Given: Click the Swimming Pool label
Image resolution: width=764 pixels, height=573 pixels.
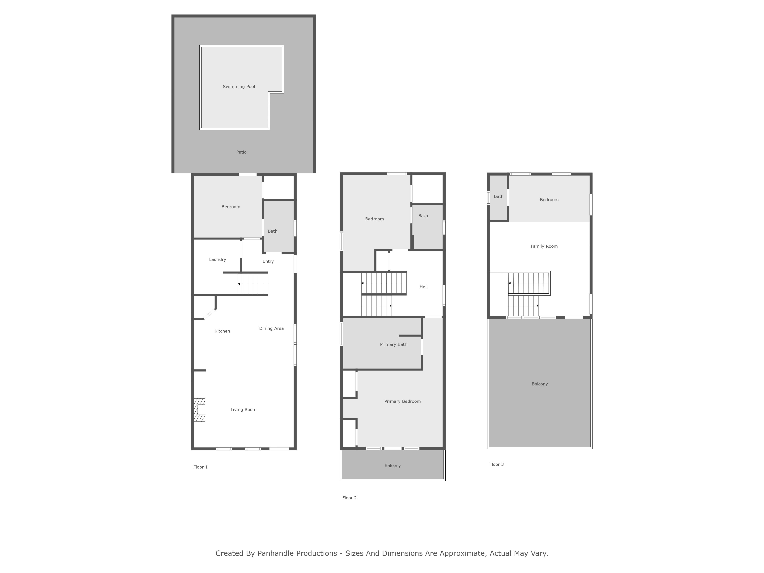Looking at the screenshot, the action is point(239,87).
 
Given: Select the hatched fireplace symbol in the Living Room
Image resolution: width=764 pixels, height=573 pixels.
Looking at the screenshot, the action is point(199,410).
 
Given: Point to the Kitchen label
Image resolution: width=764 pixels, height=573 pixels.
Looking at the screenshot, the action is point(222,331).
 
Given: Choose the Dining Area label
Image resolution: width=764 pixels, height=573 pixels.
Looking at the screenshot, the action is point(271,329).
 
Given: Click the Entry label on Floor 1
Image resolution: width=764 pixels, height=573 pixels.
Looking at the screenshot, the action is point(268,261).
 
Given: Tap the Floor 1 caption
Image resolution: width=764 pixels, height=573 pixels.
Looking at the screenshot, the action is point(200,467).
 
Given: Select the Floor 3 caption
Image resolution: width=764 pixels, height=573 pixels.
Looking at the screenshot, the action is point(496,464).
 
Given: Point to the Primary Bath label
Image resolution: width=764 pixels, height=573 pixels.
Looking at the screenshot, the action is point(393,344).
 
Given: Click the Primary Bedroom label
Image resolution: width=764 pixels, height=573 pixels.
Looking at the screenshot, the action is point(402,401).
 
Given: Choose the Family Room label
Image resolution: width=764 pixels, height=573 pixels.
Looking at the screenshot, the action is point(544,246).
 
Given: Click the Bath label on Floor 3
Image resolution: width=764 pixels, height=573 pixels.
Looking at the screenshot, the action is point(498,197).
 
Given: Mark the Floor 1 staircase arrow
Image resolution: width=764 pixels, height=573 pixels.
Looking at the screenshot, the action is point(253,284).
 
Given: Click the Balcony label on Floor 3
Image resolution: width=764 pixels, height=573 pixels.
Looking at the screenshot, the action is point(540,384).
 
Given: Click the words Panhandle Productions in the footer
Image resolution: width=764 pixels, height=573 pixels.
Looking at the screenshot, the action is point(297,553).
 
